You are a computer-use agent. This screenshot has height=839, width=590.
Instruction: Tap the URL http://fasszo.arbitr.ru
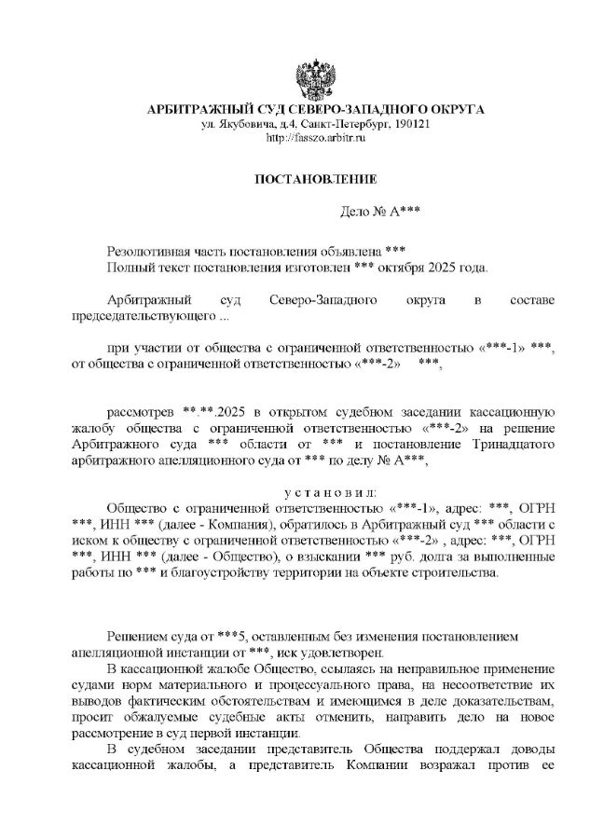315,137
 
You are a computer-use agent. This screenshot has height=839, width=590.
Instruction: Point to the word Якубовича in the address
242,124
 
